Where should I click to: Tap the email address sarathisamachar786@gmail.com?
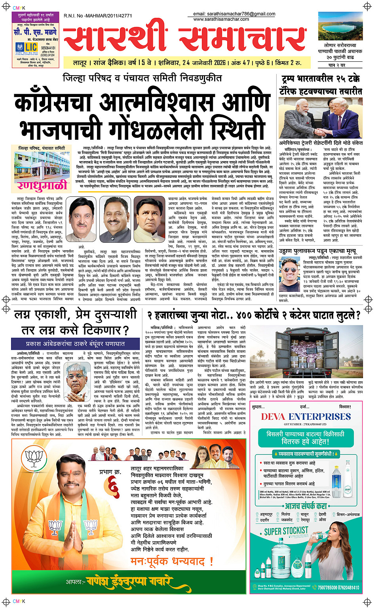pyautogui.click(x=234, y=14)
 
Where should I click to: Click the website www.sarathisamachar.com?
pyautogui.click(x=221, y=19)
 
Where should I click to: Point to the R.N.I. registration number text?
pyautogui.click(x=98, y=16)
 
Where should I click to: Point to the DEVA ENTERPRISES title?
pyautogui.click(x=306, y=417)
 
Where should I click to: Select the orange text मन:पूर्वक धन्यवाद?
pyautogui.click(x=172, y=561)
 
